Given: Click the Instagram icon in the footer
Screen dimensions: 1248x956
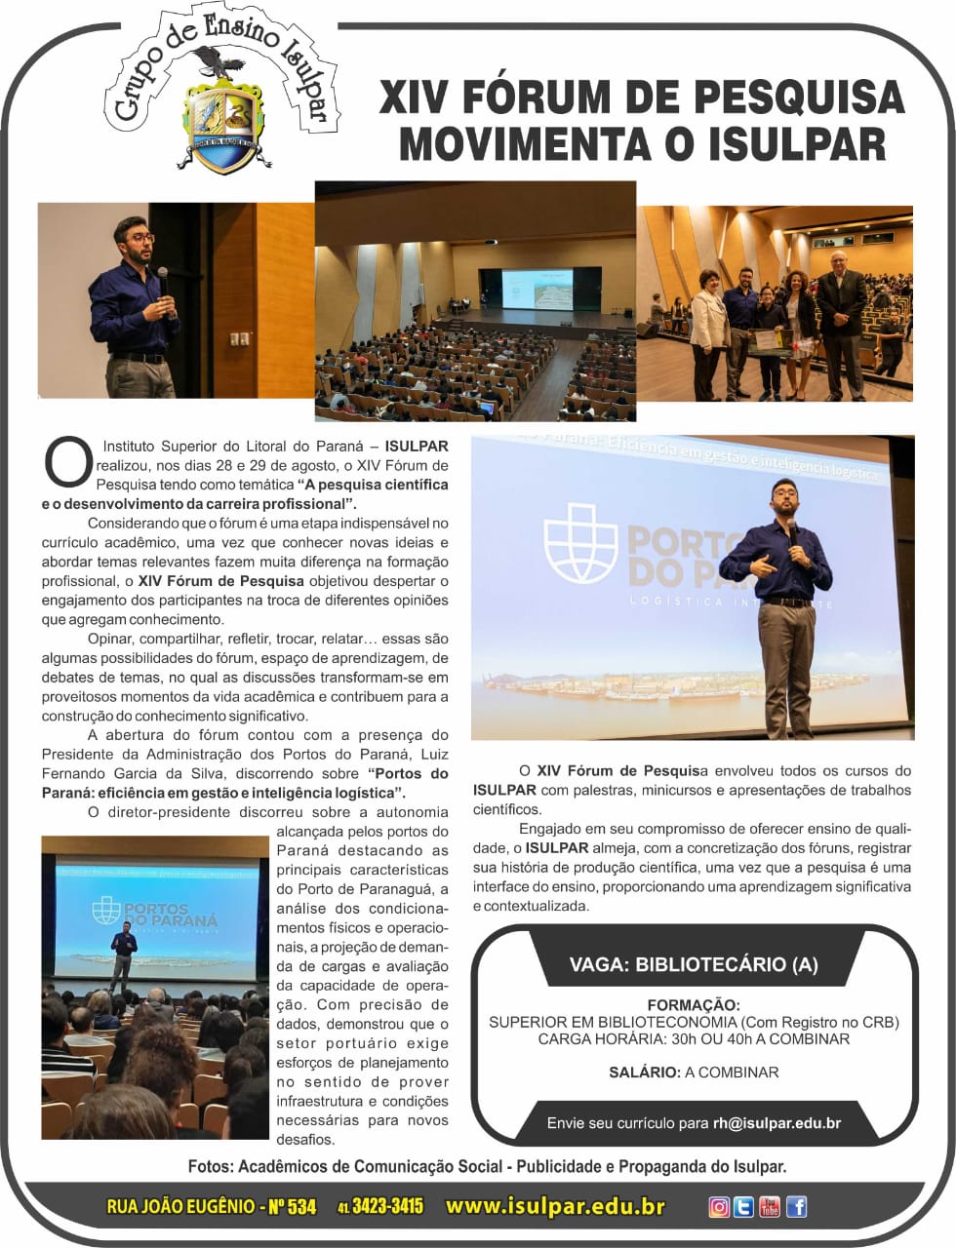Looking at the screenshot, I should pyautogui.click(x=719, y=1206).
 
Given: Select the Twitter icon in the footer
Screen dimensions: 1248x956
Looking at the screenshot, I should pyautogui.click(x=744, y=1206).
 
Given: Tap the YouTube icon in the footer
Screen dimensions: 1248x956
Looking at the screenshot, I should pyautogui.click(x=770, y=1206).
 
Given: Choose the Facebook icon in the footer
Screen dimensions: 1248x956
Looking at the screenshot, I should pyautogui.click(x=796, y=1206).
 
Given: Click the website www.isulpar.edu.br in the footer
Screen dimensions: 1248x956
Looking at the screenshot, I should pyautogui.click(x=555, y=1206).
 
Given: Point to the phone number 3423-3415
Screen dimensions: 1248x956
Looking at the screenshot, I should pyautogui.click(x=387, y=1206).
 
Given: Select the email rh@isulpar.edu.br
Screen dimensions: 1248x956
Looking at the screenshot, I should pyautogui.click(x=777, y=1122).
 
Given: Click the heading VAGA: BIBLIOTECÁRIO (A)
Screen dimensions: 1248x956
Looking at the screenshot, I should pyautogui.click(x=694, y=964).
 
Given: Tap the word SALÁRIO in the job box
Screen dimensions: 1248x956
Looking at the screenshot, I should pyautogui.click(x=644, y=1072).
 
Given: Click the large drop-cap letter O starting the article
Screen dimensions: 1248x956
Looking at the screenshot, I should pyautogui.click(x=67, y=462).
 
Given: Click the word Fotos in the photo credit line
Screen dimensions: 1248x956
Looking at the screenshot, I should pyautogui.click(x=210, y=1166).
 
